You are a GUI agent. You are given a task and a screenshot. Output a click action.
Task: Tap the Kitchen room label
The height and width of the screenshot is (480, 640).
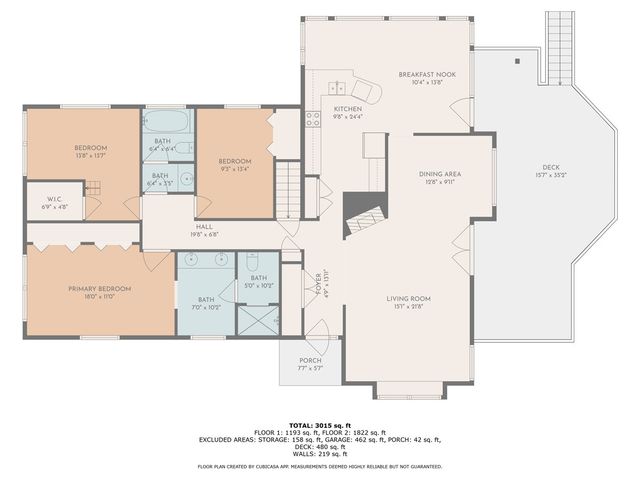pyautogui.click(x=347, y=108)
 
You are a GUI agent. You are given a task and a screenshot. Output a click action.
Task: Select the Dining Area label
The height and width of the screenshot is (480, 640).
pyautogui.click(x=439, y=174)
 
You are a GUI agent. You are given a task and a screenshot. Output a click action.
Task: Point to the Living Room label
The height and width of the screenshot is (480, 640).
pyautogui.click(x=409, y=298)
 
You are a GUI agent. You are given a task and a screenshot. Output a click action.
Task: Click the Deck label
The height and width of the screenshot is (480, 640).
pyautogui.click(x=551, y=167)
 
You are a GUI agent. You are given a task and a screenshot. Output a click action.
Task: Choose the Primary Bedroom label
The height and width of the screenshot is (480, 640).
pyautogui.click(x=100, y=289)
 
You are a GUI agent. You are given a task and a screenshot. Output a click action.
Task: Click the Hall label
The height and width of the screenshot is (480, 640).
pyautogui.click(x=204, y=227)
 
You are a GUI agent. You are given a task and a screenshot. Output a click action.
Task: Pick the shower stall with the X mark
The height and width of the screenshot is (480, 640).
pyautogui.click(x=259, y=319)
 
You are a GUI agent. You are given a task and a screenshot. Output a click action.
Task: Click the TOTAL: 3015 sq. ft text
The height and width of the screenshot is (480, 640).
pyautogui.click(x=319, y=424)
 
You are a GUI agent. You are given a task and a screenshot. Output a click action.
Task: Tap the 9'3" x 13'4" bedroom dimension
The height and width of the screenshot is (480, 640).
pyautogui.click(x=235, y=168)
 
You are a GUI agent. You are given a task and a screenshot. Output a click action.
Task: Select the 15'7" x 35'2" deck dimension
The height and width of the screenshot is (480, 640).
pyautogui.click(x=551, y=175)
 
